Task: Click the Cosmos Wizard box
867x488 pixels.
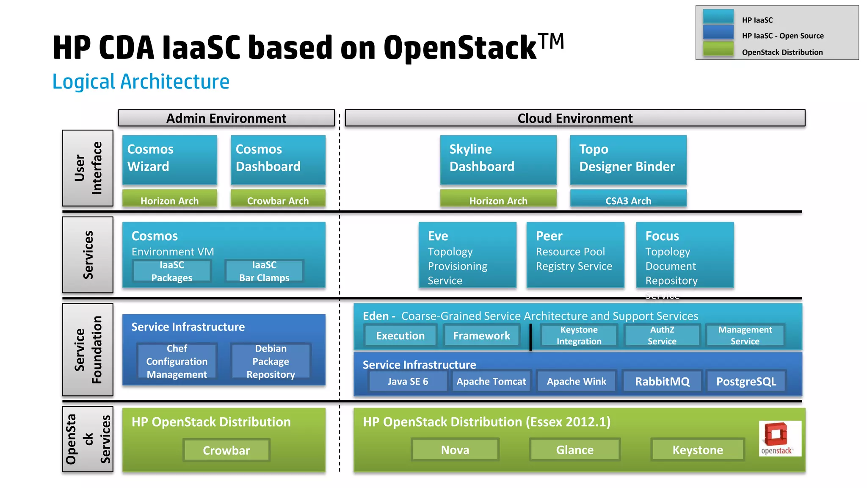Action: pos(169,159)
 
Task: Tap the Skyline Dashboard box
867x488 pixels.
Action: pos(498,159)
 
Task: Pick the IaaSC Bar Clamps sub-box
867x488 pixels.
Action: pos(264,271)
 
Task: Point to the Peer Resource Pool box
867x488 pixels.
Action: pos(575,254)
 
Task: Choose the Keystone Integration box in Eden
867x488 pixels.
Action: pos(579,335)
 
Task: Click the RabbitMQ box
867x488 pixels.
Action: pos(662,381)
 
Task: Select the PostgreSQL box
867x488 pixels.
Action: pos(746,381)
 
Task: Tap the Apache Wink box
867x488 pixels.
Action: pos(576,381)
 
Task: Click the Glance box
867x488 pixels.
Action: pos(574,450)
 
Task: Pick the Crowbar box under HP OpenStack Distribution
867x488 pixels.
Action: pos(226,450)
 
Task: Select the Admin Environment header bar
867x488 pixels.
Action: pos(226,118)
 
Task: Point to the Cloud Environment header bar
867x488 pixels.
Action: pos(574,118)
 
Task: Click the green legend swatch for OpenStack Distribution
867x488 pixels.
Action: pos(718,50)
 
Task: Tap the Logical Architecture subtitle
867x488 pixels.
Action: pos(141,82)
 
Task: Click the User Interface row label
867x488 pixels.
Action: pos(88,168)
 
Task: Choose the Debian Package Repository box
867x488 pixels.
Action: pos(271,361)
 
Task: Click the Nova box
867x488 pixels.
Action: pos(455,450)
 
